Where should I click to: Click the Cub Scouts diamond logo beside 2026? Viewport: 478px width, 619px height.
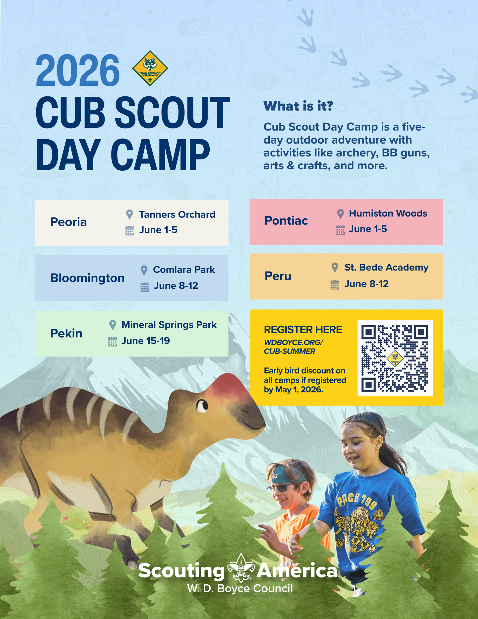[x=150, y=68]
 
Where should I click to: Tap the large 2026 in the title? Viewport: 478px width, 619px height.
[x=78, y=70]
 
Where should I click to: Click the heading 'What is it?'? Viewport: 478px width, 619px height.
[x=298, y=106]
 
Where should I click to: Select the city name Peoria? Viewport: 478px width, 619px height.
[x=68, y=222]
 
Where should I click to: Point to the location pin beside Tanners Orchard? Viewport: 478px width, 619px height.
[x=129, y=214]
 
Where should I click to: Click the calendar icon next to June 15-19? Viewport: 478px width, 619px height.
[x=113, y=342]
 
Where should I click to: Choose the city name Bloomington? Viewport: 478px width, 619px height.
[x=87, y=278]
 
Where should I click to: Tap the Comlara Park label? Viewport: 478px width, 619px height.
[x=184, y=270]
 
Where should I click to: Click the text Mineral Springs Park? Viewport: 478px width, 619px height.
[x=169, y=325]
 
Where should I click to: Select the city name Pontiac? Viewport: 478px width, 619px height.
[x=286, y=220]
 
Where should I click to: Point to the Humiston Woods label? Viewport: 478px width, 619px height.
[x=388, y=213]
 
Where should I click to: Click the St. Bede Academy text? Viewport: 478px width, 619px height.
[x=386, y=268]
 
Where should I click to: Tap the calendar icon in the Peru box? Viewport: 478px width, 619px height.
[x=335, y=284]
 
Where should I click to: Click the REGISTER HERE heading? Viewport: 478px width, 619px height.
[x=303, y=330]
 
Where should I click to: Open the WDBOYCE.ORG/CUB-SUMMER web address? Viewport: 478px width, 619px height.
[x=293, y=347]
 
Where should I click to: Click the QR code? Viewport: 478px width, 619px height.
[x=395, y=358]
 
